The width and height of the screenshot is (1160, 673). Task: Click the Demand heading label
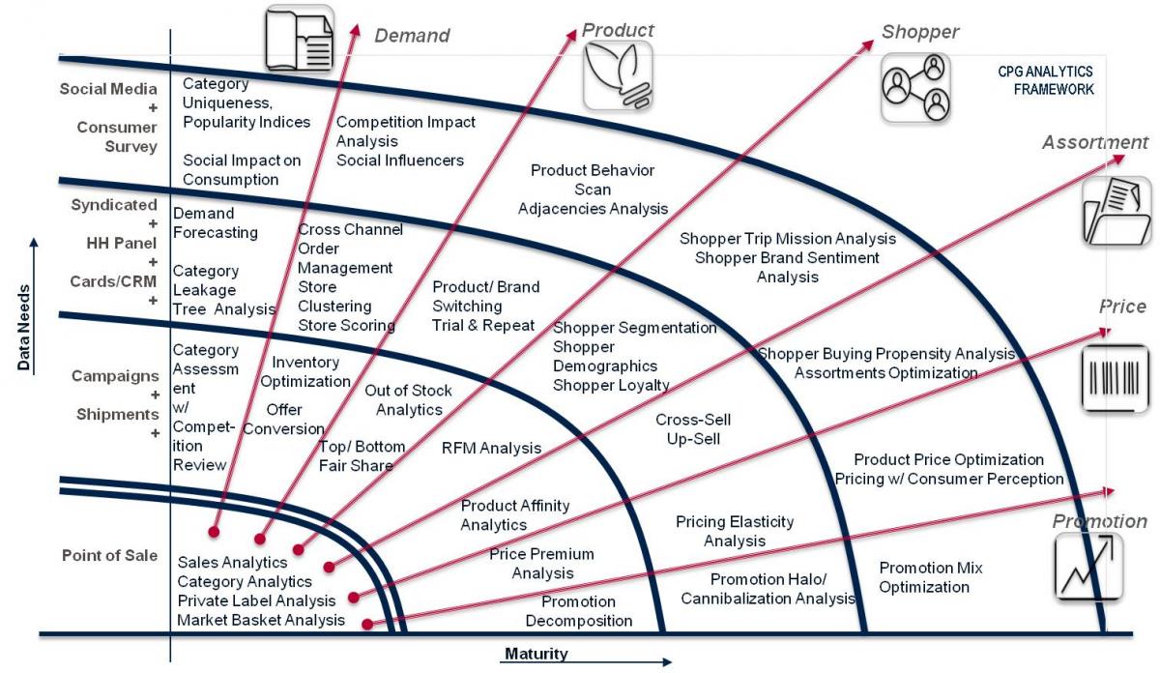[412, 36]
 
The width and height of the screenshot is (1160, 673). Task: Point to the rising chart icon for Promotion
[1087, 566]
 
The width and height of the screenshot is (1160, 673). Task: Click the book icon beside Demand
[299, 39]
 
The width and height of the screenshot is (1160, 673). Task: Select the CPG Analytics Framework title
[1045, 80]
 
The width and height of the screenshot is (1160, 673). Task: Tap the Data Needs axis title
[23, 328]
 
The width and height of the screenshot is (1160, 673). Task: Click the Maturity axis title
[536, 655]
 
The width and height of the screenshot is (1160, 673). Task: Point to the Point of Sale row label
[109, 555]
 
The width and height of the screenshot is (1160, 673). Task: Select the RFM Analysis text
[491, 448]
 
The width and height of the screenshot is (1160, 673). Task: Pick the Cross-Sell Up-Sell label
[692, 429]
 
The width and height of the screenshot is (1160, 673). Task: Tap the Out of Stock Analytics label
[408, 400]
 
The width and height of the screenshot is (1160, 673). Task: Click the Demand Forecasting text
[215, 222]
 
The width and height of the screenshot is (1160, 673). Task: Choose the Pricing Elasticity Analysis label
[734, 531]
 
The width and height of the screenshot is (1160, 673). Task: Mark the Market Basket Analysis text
[260, 620]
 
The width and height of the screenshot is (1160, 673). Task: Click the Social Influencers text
[399, 160]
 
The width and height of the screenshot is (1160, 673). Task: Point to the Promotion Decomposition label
[579, 611]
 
